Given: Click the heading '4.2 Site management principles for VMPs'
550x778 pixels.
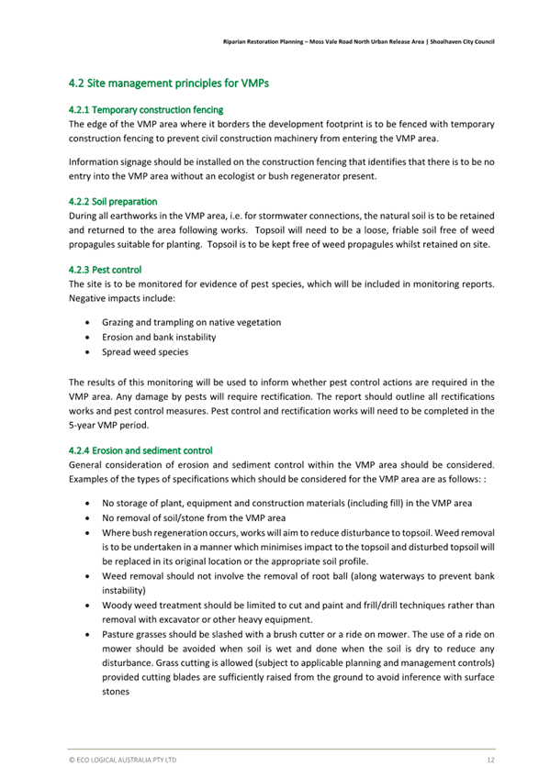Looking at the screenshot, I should (x=169, y=83).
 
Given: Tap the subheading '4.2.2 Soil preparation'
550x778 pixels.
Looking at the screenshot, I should (x=113, y=200).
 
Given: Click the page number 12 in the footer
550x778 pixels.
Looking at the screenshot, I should (x=491, y=761).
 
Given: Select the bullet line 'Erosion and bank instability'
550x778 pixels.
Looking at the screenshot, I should (x=152, y=338).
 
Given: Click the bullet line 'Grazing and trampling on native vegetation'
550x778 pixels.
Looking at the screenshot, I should (x=191, y=323).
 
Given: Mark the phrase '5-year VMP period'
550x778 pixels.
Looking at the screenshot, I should (x=108, y=425).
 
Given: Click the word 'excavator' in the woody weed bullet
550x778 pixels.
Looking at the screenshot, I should (x=172, y=618).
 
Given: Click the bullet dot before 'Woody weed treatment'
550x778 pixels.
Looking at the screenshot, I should (x=86, y=605).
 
